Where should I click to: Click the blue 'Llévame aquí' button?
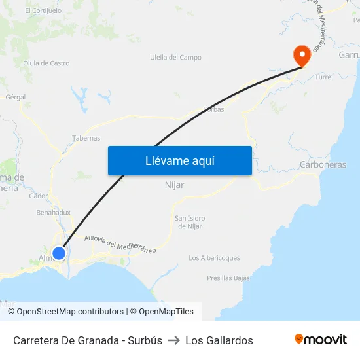coord(179,160)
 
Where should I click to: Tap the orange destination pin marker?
coord(302,55)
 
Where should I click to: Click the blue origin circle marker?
coord(59,253)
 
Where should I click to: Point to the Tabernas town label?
coord(86,138)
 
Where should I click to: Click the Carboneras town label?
coord(323,165)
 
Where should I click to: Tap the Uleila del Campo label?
coord(175,58)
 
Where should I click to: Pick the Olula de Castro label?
coord(46,63)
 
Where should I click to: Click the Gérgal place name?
coord(16,97)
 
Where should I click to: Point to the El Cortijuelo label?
coord(43,11)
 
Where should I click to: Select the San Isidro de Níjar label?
coord(190,222)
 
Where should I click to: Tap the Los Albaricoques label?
coord(214,258)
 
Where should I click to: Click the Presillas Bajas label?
coord(228,278)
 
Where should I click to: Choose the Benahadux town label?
coord(54,213)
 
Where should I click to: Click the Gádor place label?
coord(39,196)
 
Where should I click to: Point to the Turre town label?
coord(323,77)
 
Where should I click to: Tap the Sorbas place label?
coord(213,109)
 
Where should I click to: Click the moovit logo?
coord(320,340)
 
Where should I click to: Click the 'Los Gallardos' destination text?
coord(219,340)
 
